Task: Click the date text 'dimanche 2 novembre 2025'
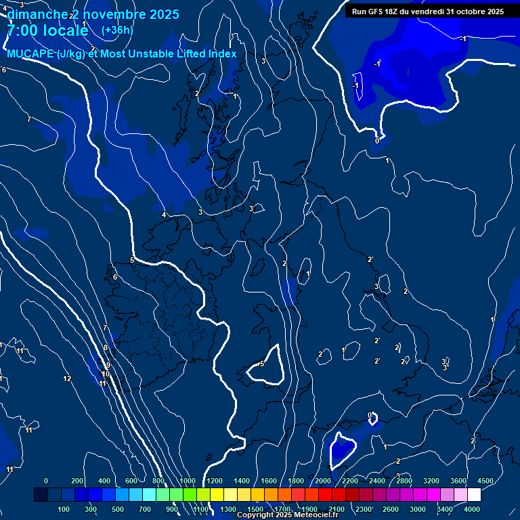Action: pos(93,14)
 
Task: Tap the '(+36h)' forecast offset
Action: pos(117,30)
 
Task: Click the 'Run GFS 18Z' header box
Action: pos(427,11)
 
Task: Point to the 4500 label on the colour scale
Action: pos(485,481)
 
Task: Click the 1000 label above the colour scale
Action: pos(188,481)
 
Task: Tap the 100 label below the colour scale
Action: pos(64,509)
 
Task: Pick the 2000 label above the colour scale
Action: pos(322,481)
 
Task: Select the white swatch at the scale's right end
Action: pos(474,495)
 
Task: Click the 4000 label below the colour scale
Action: pos(472,509)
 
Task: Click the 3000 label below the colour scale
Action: pos(418,509)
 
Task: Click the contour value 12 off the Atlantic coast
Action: pos(67,378)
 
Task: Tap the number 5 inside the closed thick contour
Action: pos(262,364)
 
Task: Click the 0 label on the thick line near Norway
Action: pos(377,141)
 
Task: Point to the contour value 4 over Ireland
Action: pos(164,215)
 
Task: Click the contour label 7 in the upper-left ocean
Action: pos(28,119)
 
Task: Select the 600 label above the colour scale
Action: pos(132,481)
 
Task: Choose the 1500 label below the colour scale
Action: pos(255,509)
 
